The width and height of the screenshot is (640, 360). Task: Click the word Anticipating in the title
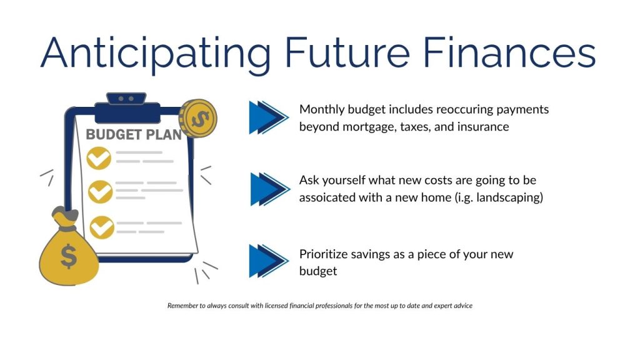pos(155,54)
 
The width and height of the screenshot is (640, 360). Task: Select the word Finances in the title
pos(509,52)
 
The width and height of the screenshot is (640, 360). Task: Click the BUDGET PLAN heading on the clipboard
pos(134,134)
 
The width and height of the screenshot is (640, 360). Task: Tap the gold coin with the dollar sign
pos(198,118)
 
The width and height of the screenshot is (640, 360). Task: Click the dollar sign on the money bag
pos(69,256)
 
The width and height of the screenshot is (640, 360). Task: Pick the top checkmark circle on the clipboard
pos(99,158)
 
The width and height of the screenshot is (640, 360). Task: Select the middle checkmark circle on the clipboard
pos(101,191)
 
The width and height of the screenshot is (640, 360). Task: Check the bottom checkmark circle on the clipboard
pos(102,227)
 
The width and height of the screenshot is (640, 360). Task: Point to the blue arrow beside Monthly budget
pos(269,117)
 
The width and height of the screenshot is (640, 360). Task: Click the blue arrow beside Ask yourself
pos(270,189)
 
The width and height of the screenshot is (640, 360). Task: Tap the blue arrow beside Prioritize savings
pos(269,261)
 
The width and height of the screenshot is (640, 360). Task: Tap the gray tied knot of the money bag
pos(65,217)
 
